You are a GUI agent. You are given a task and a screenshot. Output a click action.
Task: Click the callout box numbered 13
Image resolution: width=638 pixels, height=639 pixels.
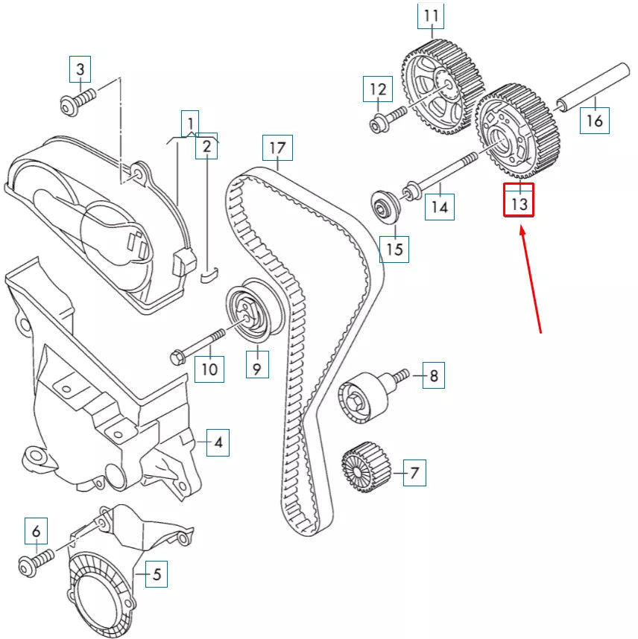pos(519,200)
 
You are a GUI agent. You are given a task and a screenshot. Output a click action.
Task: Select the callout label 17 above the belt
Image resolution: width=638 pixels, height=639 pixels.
pos(277,148)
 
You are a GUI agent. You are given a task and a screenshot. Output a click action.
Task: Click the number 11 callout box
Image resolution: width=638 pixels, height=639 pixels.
pos(432,14)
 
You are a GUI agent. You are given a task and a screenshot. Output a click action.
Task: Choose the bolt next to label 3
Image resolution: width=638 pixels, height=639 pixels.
pos(78,101)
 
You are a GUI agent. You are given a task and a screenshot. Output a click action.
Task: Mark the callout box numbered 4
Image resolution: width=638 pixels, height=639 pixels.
pos(218,443)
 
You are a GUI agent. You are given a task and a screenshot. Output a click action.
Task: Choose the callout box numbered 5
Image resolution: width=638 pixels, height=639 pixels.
pos(157,574)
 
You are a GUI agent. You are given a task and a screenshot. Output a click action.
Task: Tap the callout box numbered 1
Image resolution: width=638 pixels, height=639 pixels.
pos(191,122)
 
